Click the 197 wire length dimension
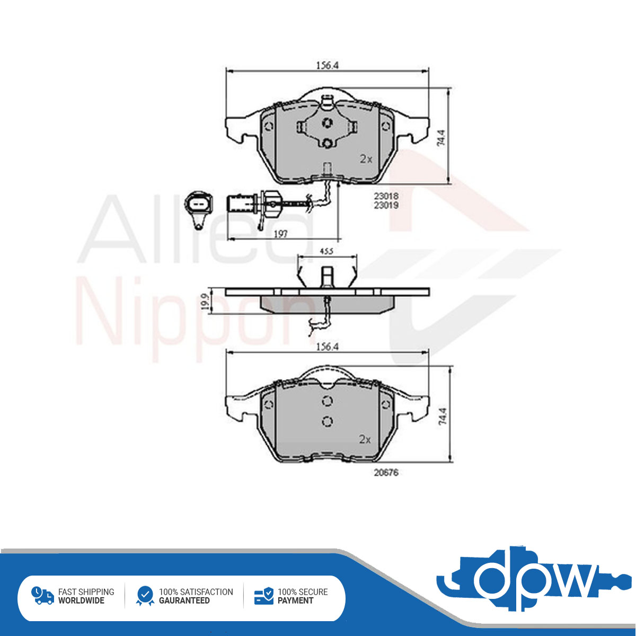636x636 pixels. point(281,234)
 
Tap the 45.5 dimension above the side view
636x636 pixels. point(327,251)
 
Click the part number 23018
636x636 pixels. point(386,196)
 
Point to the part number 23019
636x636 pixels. point(386,205)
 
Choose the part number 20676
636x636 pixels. point(386,473)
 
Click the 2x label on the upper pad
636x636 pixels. point(366,160)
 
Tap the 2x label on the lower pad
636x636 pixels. point(365,439)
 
